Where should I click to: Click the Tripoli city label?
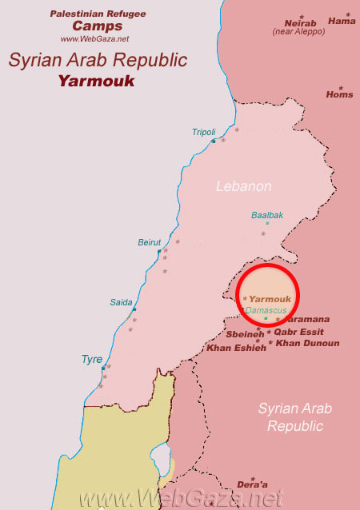pyautogui.click(x=204, y=132)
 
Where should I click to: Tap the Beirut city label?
pyautogui.click(x=150, y=242)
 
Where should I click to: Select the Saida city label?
pyautogui.click(x=121, y=302)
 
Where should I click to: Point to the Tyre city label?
pyautogui.click(x=91, y=360)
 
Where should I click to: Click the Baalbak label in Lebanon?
pyautogui.click(x=267, y=215)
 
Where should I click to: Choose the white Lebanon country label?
pyautogui.click(x=244, y=186)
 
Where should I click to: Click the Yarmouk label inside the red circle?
pyautogui.click(x=270, y=299)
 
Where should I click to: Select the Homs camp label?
pyautogui.click(x=339, y=94)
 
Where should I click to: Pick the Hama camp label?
pyautogui.click(x=342, y=22)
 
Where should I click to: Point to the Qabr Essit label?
pyautogui.click(x=298, y=332)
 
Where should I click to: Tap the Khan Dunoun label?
pyautogui.click(x=307, y=343)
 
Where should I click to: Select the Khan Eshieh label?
pyautogui.click(x=236, y=348)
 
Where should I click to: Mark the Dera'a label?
pyautogui.click(x=253, y=484)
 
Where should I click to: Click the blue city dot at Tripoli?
pyautogui.click(x=213, y=141)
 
